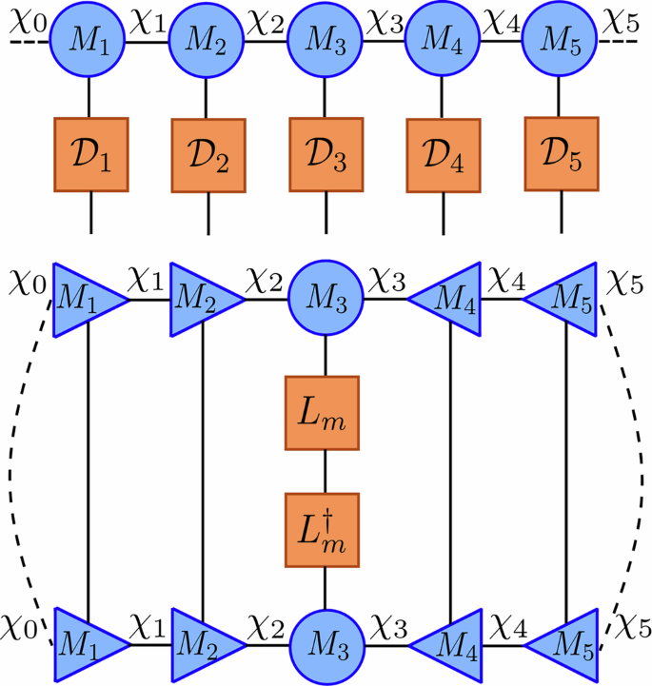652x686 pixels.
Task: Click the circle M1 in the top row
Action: (89, 41)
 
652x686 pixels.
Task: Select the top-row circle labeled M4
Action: (443, 41)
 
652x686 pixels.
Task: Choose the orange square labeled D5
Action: (561, 153)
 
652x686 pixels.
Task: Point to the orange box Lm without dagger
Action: (326, 413)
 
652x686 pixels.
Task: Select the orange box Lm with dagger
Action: (326, 530)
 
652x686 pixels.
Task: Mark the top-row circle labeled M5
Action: (560, 41)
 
